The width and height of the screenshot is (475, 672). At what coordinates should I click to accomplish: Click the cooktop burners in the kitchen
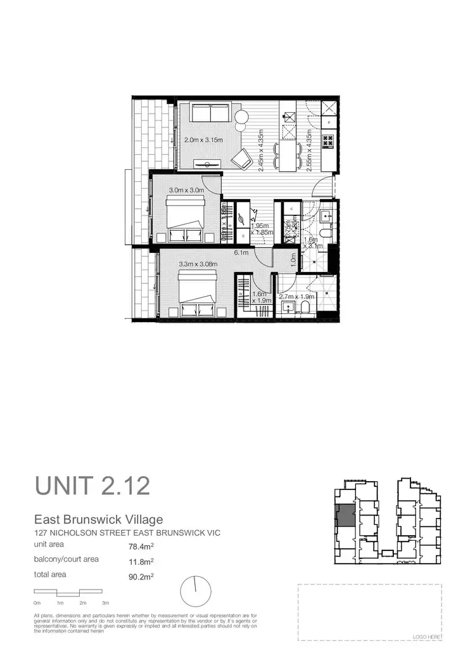(329, 141)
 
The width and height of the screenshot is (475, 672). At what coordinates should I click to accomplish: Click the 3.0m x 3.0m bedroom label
(186, 190)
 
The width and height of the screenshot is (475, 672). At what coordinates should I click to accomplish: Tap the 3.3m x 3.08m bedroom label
(198, 264)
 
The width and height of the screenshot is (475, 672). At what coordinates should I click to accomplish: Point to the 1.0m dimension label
(293, 260)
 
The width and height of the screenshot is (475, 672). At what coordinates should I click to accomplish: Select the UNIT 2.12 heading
(92, 486)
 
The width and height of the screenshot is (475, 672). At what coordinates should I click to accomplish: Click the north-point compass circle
(195, 591)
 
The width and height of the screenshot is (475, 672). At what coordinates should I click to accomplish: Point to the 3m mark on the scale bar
(106, 602)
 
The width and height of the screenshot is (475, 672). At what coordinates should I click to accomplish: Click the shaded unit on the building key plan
(345, 515)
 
